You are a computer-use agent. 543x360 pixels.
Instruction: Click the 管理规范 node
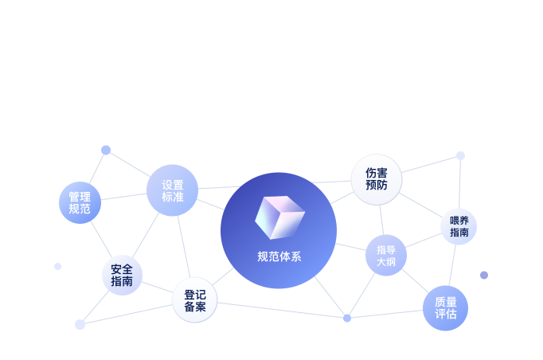[x=80, y=202]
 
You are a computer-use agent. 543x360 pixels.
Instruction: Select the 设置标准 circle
[x=173, y=190]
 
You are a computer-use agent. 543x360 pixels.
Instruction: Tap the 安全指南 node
[x=123, y=275]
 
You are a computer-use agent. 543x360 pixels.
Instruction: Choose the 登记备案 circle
[x=194, y=300]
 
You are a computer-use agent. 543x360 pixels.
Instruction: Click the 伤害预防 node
[x=377, y=179]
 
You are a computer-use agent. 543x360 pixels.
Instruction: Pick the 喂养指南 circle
[x=459, y=227]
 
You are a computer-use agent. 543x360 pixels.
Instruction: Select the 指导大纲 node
[x=386, y=256]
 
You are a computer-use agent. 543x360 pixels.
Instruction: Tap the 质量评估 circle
[x=445, y=308]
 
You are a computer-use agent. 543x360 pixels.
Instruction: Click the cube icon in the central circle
[x=279, y=217]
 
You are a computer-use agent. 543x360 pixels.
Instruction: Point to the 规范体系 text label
[x=279, y=256]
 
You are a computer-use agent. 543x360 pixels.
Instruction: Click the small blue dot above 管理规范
[x=106, y=150]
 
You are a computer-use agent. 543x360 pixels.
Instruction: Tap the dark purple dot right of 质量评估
[x=484, y=275]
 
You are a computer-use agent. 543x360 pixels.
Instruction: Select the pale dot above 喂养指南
[x=460, y=155]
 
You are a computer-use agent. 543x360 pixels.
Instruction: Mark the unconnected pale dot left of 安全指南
[x=58, y=266]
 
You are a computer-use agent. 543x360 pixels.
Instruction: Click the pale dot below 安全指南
[x=80, y=324]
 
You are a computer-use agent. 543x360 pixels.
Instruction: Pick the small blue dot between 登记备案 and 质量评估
[x=347, y=318]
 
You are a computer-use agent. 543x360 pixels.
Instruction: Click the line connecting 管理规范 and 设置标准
[x=124, y=197]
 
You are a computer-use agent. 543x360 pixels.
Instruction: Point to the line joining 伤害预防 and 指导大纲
[x=381, y=220]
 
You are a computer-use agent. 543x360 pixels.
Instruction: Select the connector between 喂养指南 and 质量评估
[x=452, y=265]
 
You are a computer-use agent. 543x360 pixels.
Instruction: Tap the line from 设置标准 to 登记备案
[x=184, y=247]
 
